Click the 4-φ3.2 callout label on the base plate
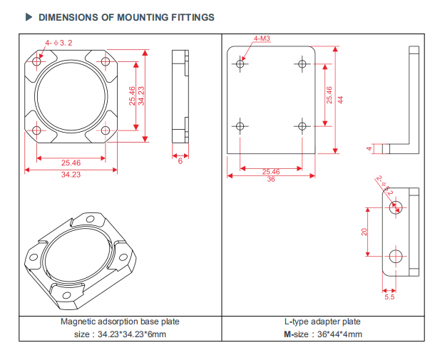[59, 43]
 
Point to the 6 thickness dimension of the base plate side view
[180, 162]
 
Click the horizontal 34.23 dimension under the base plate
[71, 175]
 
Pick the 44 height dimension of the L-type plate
[340, 99]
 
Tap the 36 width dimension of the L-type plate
[271, 180]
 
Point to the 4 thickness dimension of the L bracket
[369, 149]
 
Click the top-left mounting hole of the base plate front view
[37, 63]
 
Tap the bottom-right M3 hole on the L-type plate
[302, 126]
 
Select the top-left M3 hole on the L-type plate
[241, 64]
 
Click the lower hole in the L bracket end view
[396, 256]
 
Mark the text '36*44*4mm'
[339, 334]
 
